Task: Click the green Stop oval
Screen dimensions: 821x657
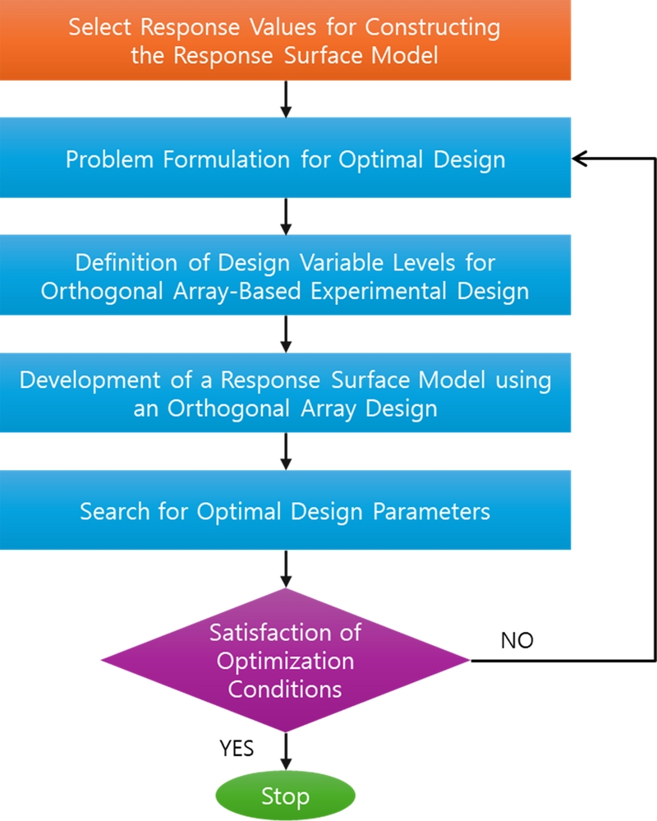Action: click(x=285, y=796)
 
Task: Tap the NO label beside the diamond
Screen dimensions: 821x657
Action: click(x=517, y=640)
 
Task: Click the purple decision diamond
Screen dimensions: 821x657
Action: click(x=285, y=659)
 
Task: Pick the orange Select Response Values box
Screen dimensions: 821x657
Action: click(x=285, y=39)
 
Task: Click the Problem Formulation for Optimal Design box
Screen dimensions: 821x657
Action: click(x=285, y=159)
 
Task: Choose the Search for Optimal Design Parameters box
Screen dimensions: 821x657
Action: click(x=285, y=510)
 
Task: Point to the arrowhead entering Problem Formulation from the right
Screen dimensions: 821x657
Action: click(x=580, y=159)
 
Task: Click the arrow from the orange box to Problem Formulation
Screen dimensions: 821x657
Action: click(x=285, y=99)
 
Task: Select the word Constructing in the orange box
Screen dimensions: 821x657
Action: click(x=432, y=27)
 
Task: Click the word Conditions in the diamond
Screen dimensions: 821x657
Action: click(x=284, y=689)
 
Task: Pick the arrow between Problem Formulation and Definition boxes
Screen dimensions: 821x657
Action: click(x=285, y=217)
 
